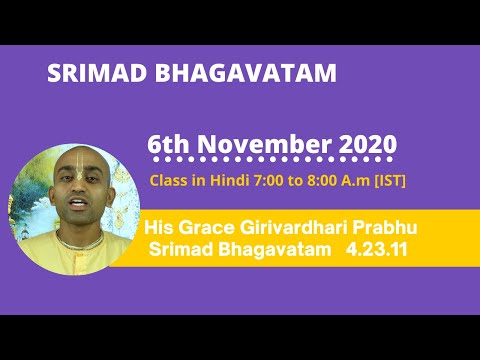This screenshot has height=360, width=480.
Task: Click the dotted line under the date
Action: [271, 161]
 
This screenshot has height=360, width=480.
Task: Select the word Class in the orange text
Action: [167, 181]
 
